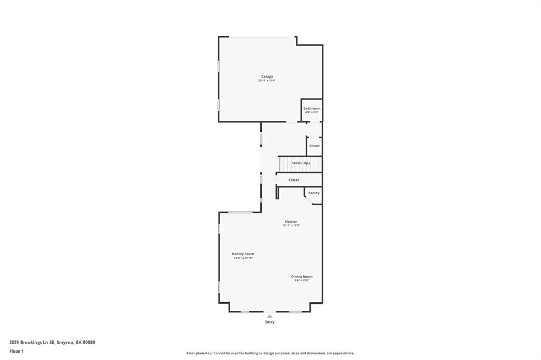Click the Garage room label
[x=267, y=77]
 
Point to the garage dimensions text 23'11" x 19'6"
[x=267, y=81]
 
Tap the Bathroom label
[x=312, y=108]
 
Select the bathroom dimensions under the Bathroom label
[x=312, y=112]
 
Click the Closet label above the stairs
[x=314, y=146]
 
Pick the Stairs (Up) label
[x=301, y=163]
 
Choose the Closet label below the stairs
[x=294, y=180]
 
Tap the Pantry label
[x=314, y=193]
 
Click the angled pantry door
[x=308, y=198]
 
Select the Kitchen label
[x=291, y=221]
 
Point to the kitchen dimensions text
[x=291, y=226]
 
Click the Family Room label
[x=243, y=254]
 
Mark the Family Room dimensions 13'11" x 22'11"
[x=243, y=258]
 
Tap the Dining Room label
[x=302, y=276]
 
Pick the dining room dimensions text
[x=302, y=280]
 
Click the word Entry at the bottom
[x=269, y=322]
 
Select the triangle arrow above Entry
[x=269, y=316]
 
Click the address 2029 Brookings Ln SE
[x=32, y=342]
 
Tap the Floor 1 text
[x=16, y=351]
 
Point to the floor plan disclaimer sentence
[x=270, y=353]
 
